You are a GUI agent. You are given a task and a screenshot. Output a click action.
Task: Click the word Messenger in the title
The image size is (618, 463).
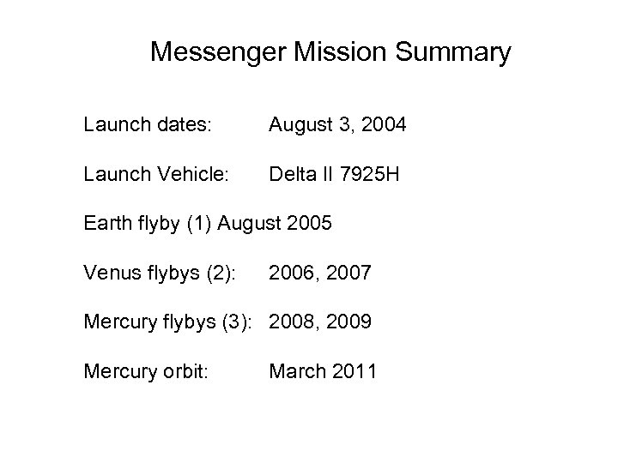[x=219, y=53]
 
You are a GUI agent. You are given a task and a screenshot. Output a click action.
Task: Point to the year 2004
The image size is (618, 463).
[x=385, y=126]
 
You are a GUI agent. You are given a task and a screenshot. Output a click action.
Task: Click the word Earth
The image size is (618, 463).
[x=107, y=224]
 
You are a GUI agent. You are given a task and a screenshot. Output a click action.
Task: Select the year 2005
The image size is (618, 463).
[x=307, y=224]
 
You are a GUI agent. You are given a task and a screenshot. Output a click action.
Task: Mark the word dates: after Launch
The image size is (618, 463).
[x=183, y=126]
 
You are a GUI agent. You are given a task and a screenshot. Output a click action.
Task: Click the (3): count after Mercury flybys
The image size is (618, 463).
[x=241, y=322]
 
